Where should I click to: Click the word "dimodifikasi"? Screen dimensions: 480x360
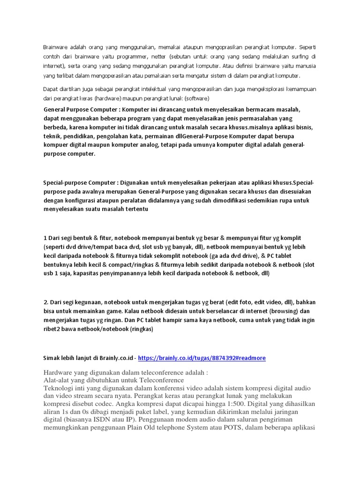(x=240, y=200)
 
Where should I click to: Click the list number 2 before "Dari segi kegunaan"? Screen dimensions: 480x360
(x=45, y=302)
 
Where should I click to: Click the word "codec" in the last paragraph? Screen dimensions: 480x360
(x=126, y=404)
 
